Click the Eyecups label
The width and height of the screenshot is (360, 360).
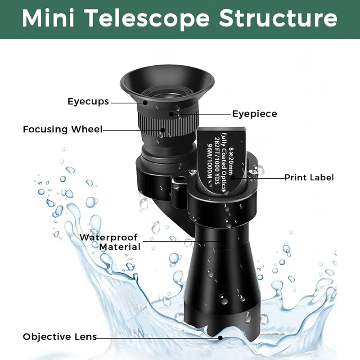88,101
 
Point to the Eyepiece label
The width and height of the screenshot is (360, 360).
255,114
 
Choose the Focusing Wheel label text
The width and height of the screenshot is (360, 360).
63,130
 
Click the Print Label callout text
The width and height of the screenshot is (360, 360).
309,177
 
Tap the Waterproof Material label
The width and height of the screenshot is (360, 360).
110,242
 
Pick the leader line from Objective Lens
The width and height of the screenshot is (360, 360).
157,337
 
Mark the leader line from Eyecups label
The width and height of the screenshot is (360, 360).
128,102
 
